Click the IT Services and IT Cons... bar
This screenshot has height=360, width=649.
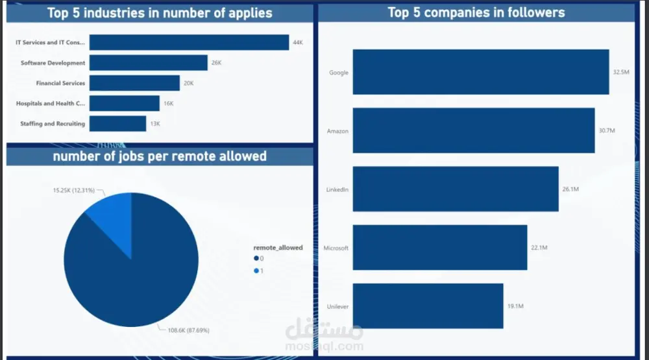(x=189, y=42)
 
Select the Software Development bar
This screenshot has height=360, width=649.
(x=148, y=63)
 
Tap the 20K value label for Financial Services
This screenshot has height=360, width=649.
(x=189, y=83)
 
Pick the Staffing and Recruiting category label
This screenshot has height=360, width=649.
(x=53, y=124)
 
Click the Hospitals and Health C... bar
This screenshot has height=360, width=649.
(x=124, y=103)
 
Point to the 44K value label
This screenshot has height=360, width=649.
(x=298, y=42)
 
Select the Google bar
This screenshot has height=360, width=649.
(x=480, y=72)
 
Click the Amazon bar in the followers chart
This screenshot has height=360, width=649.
(x=474, y=130)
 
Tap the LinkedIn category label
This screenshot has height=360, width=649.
(x=337, y=189)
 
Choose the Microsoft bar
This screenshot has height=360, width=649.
(x=439, y=248)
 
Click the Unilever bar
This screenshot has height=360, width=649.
(x=428, y=306)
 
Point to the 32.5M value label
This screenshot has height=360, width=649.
(x=621, y=73)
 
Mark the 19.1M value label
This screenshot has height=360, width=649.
(x=515, y=306)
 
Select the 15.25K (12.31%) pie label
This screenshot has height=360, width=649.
(x=74, y=191)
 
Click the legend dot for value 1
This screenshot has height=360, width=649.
(x=256, y=270)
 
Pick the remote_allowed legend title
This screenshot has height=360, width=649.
(x=278, y=248)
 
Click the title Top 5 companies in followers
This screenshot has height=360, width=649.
(x=476, y=12)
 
